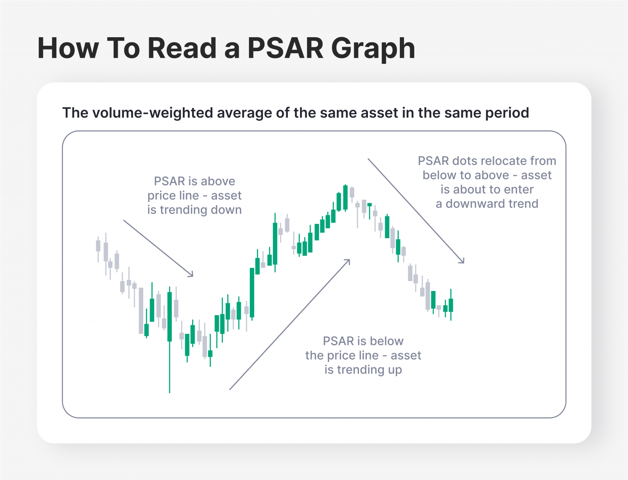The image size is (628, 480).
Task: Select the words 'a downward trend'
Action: [487, 204]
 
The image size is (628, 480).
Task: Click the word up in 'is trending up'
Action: [395, 370]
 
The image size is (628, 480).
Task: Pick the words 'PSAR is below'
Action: [363, 341]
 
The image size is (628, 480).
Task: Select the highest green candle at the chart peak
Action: [345, 197]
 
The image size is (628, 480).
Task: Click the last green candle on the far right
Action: [451, 305]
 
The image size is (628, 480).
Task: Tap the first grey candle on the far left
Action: [98, 246]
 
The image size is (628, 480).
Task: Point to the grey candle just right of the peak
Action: [352, 192]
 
